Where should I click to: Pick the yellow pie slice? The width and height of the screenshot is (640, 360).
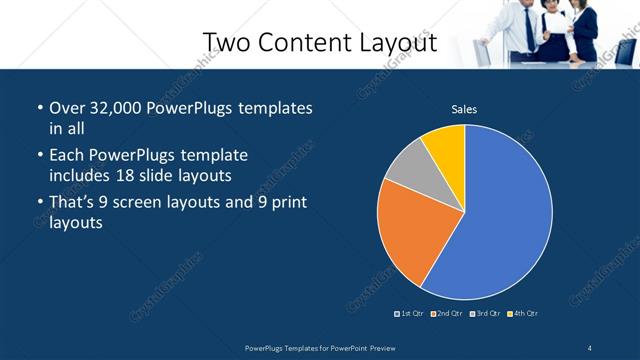click(x=445, y=145)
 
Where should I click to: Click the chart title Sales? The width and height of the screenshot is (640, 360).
click(x=464, y=109)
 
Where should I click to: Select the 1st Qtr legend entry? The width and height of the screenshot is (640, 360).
click(x=410, y=314)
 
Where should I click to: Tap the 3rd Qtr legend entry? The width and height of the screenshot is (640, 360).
click(x=485, y=314)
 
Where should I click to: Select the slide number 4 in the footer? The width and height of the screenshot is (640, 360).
click(x=590, y=346)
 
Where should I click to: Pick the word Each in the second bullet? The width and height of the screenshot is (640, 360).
click(x=67, y=156)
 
